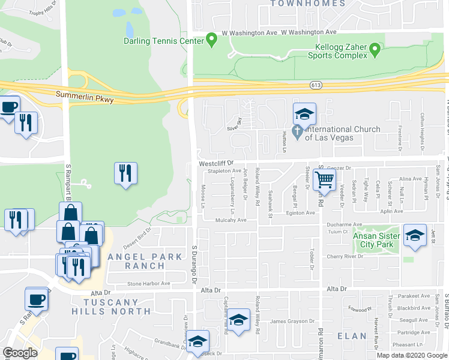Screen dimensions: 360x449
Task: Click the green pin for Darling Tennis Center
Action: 211,40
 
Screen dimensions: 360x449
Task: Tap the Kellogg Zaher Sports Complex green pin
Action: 376,49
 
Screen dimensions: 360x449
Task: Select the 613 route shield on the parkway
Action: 316,86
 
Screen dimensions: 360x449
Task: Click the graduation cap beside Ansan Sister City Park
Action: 415,235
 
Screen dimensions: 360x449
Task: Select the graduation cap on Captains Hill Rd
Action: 238,320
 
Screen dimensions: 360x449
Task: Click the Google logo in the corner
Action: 20,352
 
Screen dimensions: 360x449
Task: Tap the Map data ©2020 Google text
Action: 412,355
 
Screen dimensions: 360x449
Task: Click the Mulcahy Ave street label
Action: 231,220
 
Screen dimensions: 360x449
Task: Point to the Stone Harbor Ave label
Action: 148,283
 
